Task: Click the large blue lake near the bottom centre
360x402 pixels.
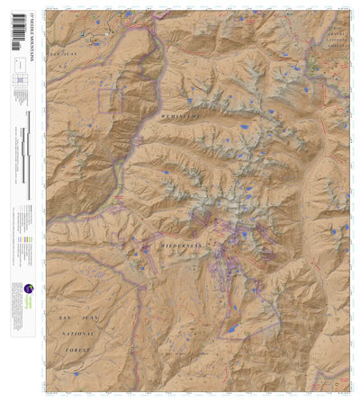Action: click(233, 331)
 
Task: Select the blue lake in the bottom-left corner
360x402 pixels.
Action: click(76, 373)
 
